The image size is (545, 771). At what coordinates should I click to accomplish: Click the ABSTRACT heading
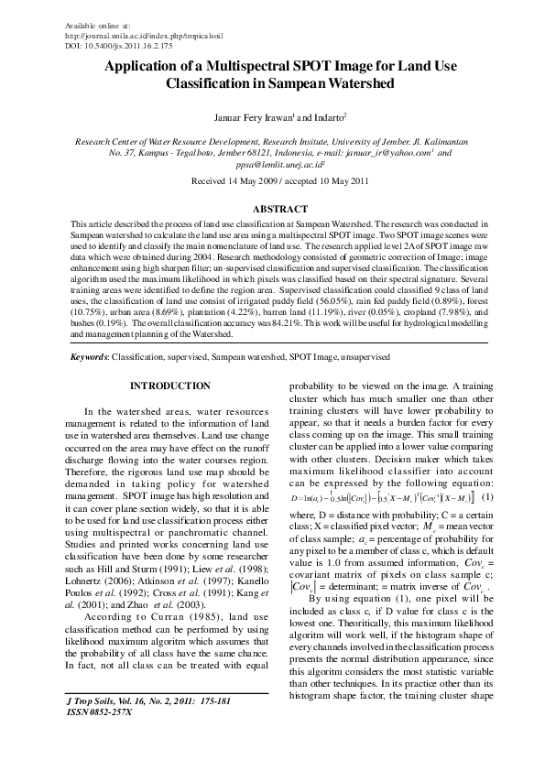point(272,209)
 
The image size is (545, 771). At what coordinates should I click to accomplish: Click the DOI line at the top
point(113,43)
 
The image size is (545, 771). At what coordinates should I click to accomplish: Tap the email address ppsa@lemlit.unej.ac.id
point(272,165)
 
